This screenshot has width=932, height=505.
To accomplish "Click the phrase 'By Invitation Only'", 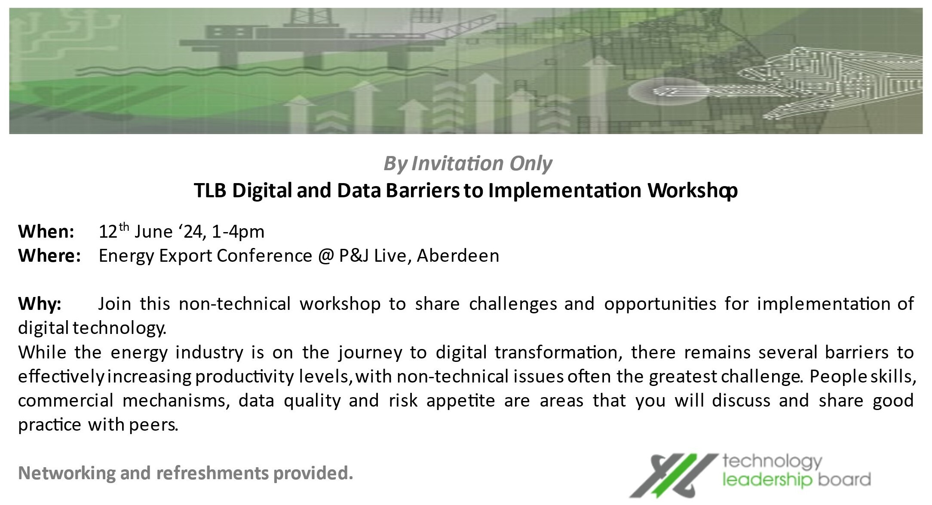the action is click(468, 164).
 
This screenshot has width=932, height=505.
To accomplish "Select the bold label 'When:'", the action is click(46, 232).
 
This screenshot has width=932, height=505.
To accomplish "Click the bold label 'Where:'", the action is click(50, 256).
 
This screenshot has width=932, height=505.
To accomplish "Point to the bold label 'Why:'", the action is click(40, 304).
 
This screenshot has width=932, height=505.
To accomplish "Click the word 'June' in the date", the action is click(153, 232).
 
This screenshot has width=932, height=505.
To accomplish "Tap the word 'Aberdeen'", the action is click(458, 256).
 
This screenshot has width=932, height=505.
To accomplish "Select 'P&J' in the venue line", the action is click(354, 256).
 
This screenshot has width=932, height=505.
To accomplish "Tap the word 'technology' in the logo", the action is click(772, 462).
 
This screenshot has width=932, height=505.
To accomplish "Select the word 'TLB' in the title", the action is click(210, 191).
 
